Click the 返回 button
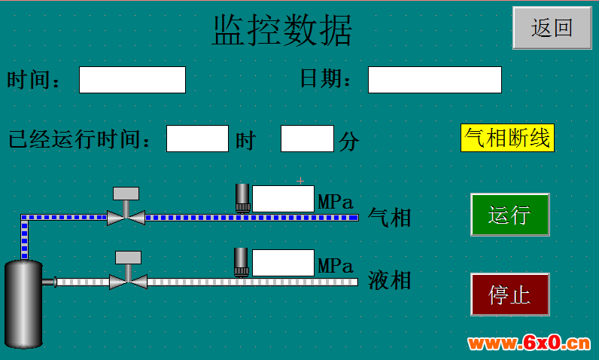(x=552, y=28)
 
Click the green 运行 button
(x=510, y=215)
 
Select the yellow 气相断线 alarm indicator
(x=507, y=138)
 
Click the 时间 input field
(x=132, y=80)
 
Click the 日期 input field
(x=435, y=80)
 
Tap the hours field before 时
(x=197, y=139)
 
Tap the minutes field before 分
(x=307, y=139)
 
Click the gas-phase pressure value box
(x=283, y=199)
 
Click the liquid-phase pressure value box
(x=283, y=263)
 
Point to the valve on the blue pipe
(x=126, y=209)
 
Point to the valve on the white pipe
(x=129, y=272)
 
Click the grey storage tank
(x=23, y=304)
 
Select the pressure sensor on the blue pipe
(x=242, y=198)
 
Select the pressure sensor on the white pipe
(x=242, y=262)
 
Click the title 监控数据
(x=282, y=31)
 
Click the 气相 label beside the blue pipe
(x=389, y=218)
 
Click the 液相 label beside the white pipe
(x=389, y=280)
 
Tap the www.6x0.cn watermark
(x=529, y=343)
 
